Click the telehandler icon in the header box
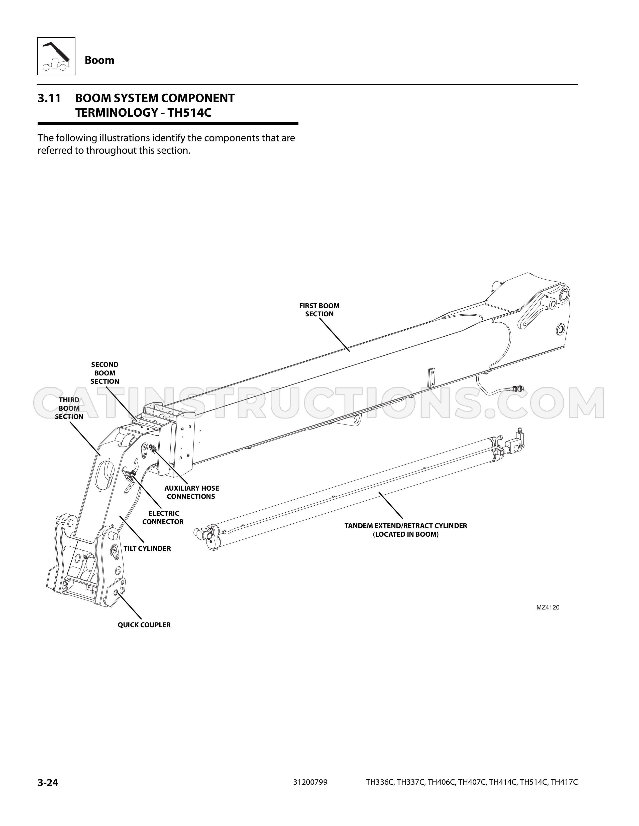56,56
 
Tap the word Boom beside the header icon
99,60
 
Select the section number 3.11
49,98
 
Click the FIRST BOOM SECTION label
319,310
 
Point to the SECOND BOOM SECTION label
105,373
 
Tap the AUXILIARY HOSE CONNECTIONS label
191,492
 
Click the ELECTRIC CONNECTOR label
163,517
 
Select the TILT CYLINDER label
147,548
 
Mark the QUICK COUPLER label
144,625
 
